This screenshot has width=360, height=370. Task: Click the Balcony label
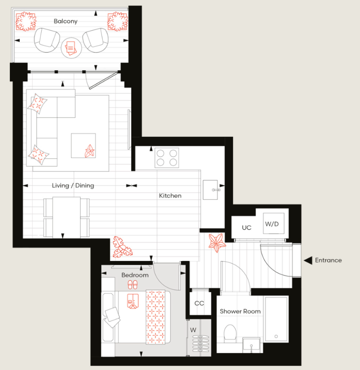point(66,21)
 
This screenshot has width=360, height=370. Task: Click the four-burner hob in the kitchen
point(167,158)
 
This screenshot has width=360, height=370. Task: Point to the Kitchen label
point(170,196)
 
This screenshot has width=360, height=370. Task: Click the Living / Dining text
point(73,185)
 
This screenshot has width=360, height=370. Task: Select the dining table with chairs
point(66,218)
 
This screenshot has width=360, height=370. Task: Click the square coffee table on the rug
point(83,145)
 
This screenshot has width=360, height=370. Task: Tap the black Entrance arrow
point(307,260)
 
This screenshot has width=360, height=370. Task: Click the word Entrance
point(328,260)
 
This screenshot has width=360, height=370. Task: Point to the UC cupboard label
point(246,228)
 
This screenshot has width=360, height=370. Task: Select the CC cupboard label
point(199,303)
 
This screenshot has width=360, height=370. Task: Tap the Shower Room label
point(240,311)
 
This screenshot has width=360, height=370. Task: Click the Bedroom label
point(135,275)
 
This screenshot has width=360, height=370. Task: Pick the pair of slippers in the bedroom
point(132,285)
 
